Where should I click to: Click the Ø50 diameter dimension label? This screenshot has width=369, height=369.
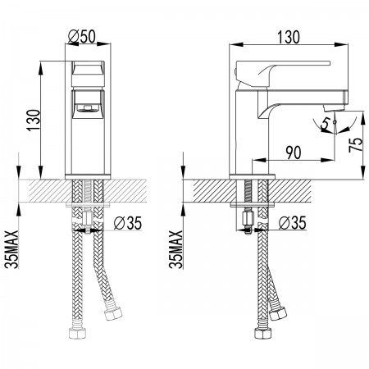[82, 36]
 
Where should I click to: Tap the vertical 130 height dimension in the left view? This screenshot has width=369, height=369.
[34, 121]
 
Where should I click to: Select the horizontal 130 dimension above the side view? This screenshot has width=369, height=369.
[289, 37]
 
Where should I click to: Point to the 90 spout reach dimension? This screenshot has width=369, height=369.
[294, 153]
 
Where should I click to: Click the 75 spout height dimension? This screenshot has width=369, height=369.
[356, 144]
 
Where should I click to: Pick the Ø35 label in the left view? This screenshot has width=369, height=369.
[128, 223]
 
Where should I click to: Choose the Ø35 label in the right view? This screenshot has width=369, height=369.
[292, 223]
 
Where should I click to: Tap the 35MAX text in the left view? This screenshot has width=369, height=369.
[11, 249]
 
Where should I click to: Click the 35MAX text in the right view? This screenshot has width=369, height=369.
[175, 249]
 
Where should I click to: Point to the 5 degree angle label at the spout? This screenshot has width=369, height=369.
[326, 123]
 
